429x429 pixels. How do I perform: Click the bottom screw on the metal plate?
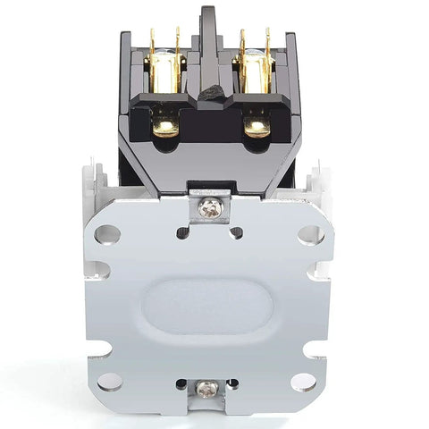(207, 388)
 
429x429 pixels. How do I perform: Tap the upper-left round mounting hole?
(107, 235)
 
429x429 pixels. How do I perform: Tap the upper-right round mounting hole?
(310, 235)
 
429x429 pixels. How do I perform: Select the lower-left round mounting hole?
(107, 381)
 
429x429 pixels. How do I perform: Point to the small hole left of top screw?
(183, 232)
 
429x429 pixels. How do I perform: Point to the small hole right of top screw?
(236, 232)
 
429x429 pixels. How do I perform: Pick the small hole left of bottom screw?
(181, 384)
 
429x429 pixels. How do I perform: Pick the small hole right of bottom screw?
(233, 384)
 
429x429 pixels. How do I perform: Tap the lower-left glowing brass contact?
(166, 126)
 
